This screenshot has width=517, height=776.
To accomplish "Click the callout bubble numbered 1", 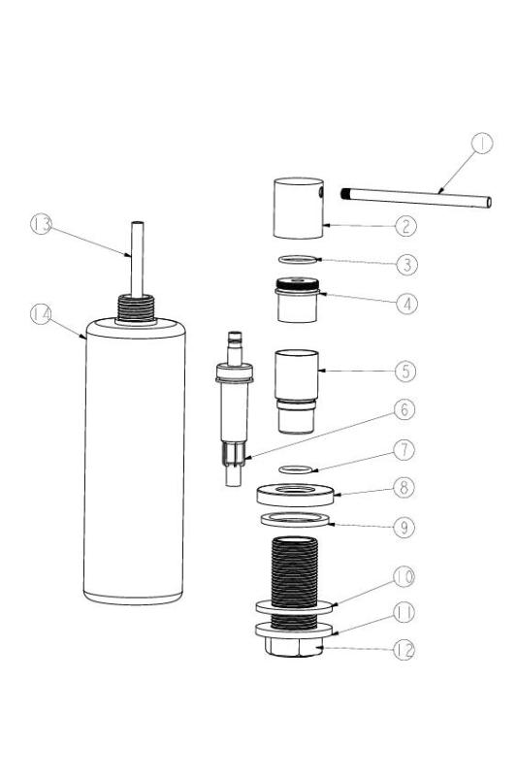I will pos(482,144).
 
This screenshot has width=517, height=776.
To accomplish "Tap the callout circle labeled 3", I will pos(404,263).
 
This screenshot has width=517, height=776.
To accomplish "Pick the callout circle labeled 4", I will pos(404,302).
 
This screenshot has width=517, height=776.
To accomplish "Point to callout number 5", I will pos(404,371).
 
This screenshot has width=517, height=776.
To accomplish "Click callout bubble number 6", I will pos(404,409).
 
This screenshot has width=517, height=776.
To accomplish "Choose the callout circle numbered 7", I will pos(404,450).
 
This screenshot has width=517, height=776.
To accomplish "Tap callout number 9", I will pos(404,529).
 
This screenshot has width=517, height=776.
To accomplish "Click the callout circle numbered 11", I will pos(404,612).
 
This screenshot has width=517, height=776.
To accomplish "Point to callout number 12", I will pos(404,650).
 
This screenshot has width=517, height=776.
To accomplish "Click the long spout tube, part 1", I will pos(417,198).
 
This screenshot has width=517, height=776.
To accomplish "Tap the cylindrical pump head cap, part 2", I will pos(297,208).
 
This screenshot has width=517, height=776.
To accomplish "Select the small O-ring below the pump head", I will pos(297,259).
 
